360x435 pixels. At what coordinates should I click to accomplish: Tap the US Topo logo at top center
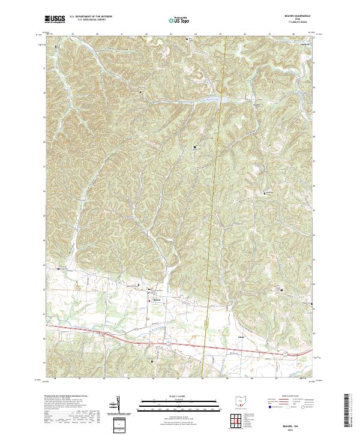[x=179, y=20]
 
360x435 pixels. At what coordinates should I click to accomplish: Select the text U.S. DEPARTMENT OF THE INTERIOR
[x=91, y=17]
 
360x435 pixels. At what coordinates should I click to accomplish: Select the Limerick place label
[x=305, y=46]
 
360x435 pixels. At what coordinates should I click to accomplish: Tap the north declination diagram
[x=118, y=405]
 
